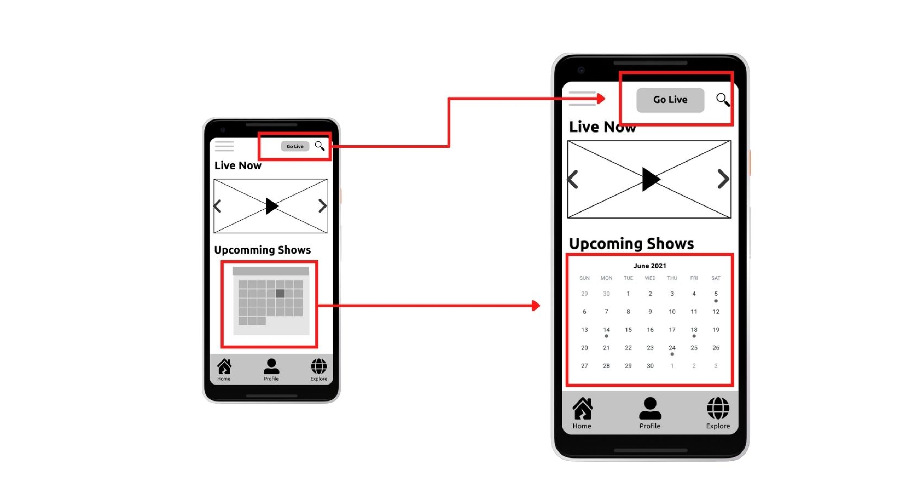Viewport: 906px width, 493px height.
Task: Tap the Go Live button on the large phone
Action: pyautogui.click(x=670, y=100)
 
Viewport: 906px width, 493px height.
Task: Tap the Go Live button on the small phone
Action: pyautogui.click(x=295, y=146)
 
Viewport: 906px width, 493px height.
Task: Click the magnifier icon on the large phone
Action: pyautogui.click(x=723, y=100)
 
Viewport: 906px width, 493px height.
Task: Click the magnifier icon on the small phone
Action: pyautogui.click(x=319, y=146)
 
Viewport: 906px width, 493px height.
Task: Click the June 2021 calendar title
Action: pyautogui.click(x=650, y=266)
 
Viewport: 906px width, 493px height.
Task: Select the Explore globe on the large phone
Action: pyautogui.click(x=718, y=409)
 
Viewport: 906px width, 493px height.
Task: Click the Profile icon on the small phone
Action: pyautogui.click(x=271, y=367)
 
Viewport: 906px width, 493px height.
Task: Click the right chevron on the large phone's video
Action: pyautogui.click(x=723, y=179)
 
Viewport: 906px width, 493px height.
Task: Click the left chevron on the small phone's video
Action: pyautogui.click(x=217, y=206)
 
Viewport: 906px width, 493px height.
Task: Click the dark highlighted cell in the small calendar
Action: pyautogui.click(x=280, y=293)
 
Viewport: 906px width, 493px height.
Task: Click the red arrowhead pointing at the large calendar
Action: pyautogui.click(x=536, y=305)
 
